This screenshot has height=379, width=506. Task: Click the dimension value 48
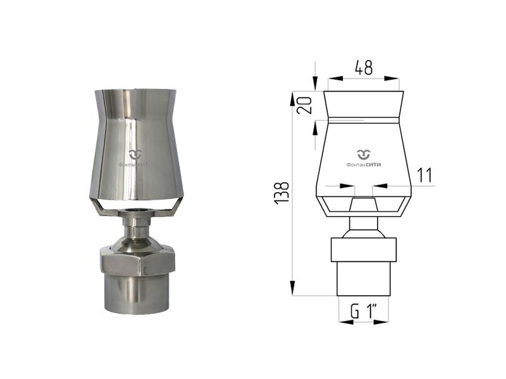pos(364,68)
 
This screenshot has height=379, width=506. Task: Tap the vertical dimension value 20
pos(305,105)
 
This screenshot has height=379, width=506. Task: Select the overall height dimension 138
pos(281,193)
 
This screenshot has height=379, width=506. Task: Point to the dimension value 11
pos(424,176)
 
